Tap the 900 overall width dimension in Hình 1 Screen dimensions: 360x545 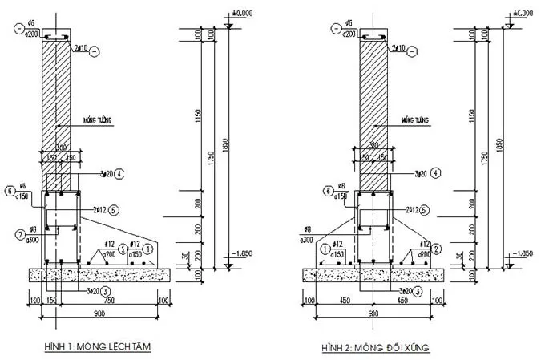click(100, 312)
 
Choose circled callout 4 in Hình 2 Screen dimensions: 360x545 click(434, 172)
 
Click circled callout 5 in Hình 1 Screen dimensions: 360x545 click(115, 210)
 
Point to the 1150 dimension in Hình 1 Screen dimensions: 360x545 click(198, 116)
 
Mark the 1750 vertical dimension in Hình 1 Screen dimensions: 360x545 click(212, 156)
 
